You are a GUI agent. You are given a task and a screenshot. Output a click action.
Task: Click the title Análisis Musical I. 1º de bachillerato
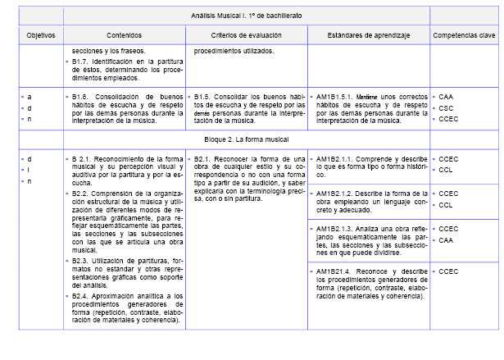[247, 16]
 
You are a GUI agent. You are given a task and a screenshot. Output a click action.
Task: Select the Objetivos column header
[39, 36]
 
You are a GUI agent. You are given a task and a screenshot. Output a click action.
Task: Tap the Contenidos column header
[125, 36]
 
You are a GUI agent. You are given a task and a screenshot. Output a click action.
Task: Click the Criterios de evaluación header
[246, 36]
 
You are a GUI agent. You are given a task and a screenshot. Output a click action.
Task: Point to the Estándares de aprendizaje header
[369, 36]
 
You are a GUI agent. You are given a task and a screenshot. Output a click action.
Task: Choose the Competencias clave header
[464, 36]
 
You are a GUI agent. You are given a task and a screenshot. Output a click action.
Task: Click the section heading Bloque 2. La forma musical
[247, 139]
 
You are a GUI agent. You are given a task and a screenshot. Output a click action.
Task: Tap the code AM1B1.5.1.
[334, 96]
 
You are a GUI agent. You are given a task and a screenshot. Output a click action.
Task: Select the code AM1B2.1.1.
[334, 159]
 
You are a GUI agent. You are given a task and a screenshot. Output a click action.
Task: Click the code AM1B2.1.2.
[334, 194]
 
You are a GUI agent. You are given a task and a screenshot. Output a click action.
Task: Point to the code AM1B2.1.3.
[334, 228]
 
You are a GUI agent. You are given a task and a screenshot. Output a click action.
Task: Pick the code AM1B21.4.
[333, 271]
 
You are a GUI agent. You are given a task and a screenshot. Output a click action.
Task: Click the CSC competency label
[446, 107]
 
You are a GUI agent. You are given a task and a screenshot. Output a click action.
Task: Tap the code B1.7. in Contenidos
[80, 62]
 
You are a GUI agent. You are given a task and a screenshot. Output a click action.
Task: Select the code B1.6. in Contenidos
[80, 96]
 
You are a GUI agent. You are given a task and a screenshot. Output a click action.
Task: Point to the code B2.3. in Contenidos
[80, 260]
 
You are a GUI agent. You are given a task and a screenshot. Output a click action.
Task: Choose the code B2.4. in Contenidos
[80, 295]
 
